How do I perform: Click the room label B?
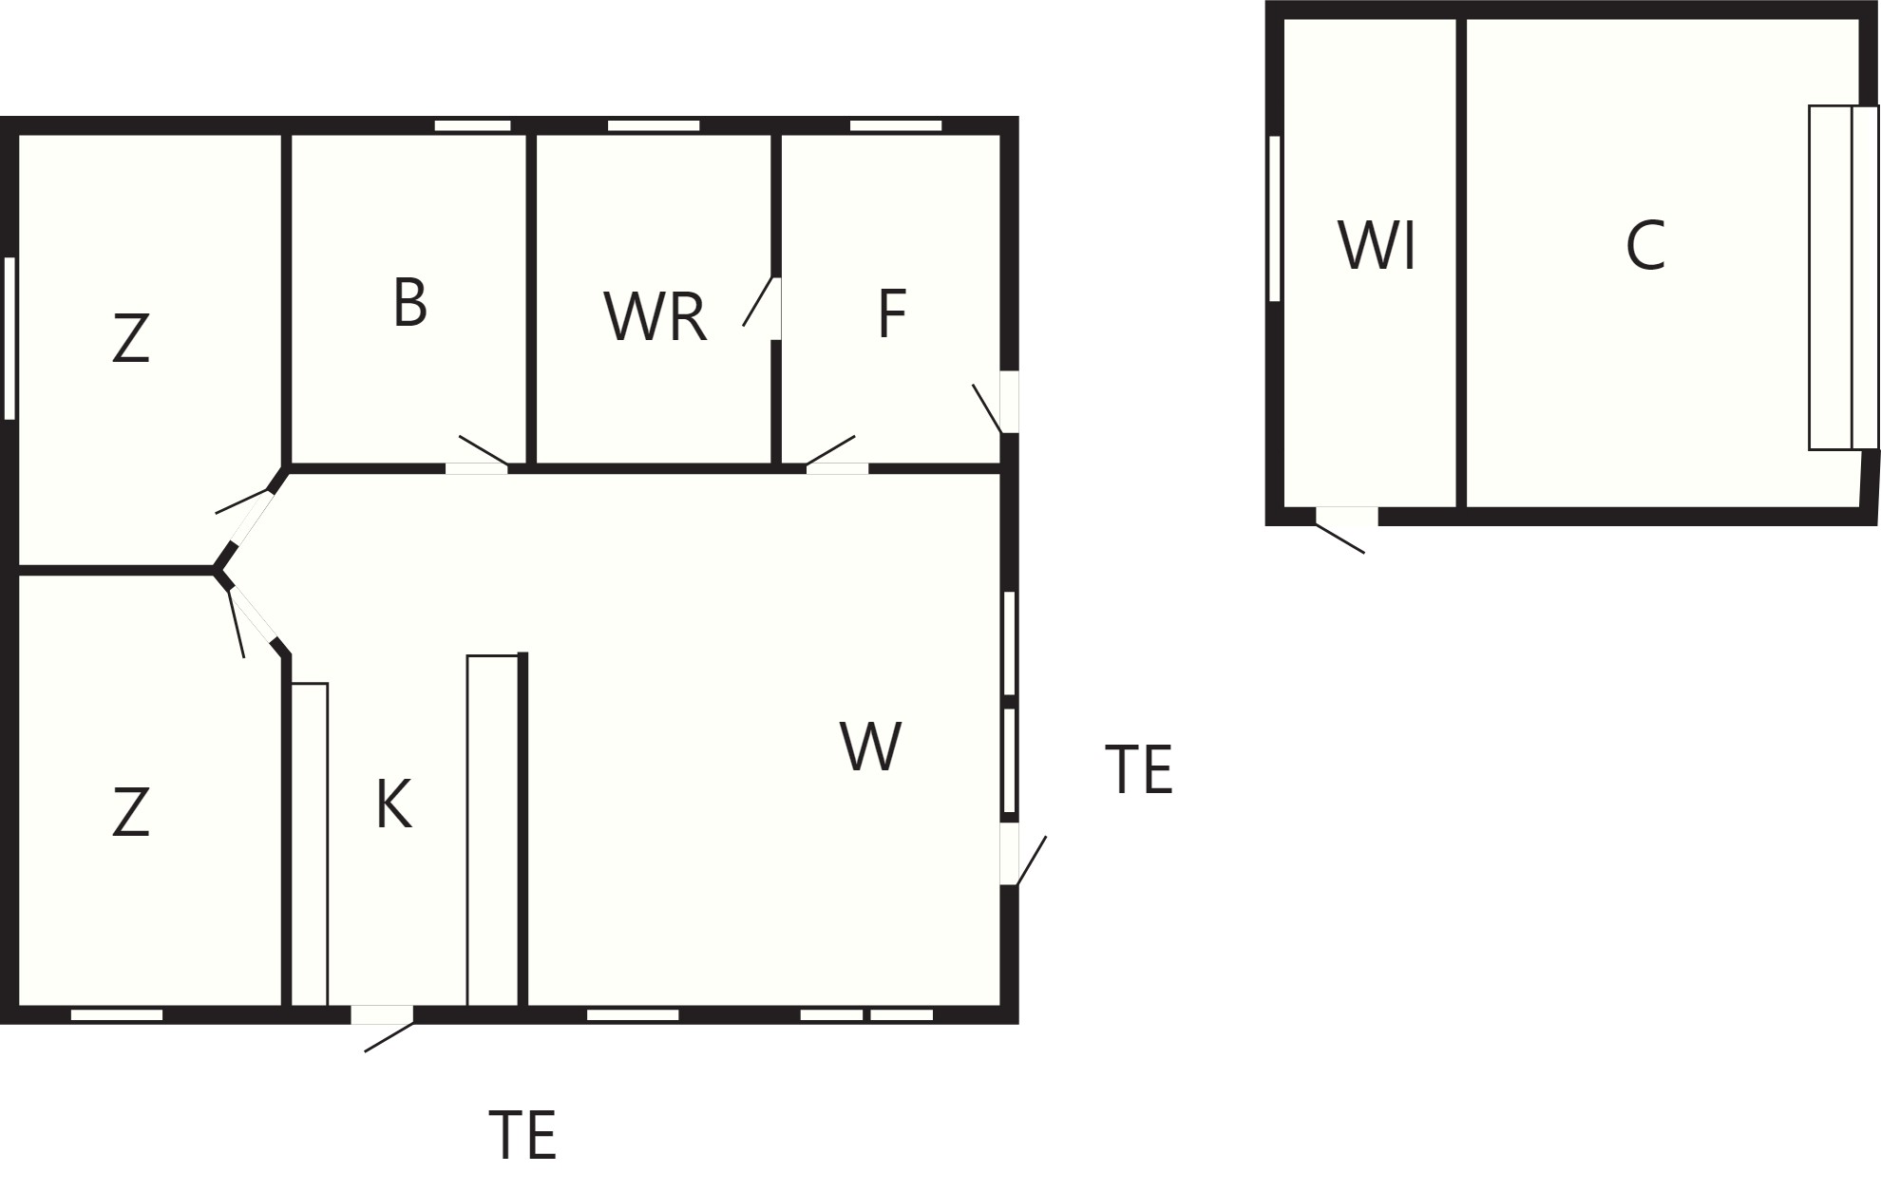pyautogui.click(x=409, y=303)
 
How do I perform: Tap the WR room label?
pyautogui.click(x=655, y=317)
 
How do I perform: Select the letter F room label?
pyautogui.click(x=892, y=313)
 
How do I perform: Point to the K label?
pyautogui.click(x=393, y=804)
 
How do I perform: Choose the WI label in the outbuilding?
pyautogui.click(x=1377, y=245)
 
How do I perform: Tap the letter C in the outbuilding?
pyautogui.click(x=1645, y=245)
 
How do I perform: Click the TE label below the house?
pyautogui.click(x=522, y=1134)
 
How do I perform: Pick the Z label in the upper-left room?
pyautogui.click(x=131, y=338)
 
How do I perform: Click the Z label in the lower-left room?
pyautogui.click(x=131, y=812)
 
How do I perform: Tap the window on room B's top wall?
pyautogui.click(x=473, y=125)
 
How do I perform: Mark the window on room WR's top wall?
pyautogui.click(x=654, y=125)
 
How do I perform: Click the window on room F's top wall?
pyautogui.click(x=896, y=125)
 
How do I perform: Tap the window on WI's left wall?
pyautogui.click(x=1275, y=218)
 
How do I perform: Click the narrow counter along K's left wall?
pyautogui.click(x=309, y=843)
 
